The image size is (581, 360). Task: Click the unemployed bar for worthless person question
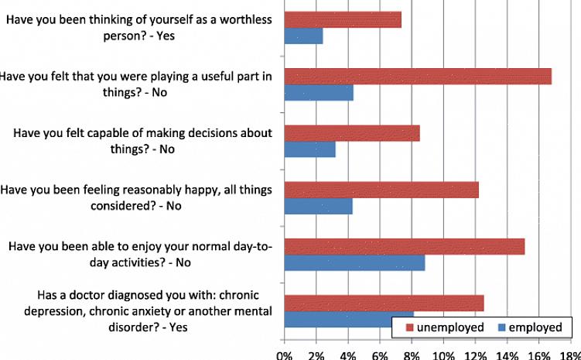pyautogui.click(x=343, y=19)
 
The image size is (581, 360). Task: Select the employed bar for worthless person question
pyautogui.click(x=303, y=36)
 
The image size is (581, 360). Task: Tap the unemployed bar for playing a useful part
pyautogui.click(x=418, y=76)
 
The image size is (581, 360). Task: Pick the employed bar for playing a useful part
pyautogui.click(x=319, y=93)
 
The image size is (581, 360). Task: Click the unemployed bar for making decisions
pyautogui.click(x=352, y=132)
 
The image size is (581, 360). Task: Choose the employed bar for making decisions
pyautogui.click(x=309, y=149)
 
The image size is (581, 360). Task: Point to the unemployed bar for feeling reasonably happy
pyautogui.click(x=381, y=190)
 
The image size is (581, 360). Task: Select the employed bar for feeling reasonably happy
pyautogui.click(x=318, y=207)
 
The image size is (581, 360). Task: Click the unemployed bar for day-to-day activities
pyautogui.click(x=405, y=246)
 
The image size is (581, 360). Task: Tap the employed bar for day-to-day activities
pyautogui.click(x=354, y=263)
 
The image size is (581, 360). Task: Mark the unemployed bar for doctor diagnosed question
pyautogui.click(x=384, y=303)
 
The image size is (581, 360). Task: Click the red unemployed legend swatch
pyautogui.click(x=409, y=327)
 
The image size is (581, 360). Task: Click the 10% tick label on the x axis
pyautogui.click(x=443, y=354)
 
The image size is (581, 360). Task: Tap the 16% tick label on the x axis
pyautogui.click(x=538, y=354)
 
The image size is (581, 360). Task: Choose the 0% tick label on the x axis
pyautogui.click(x=285, y=354)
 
